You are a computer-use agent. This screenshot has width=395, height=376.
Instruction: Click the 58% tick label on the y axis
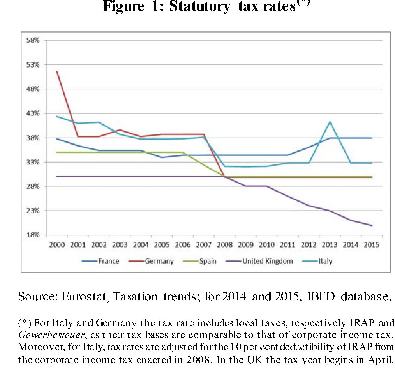(33, 40)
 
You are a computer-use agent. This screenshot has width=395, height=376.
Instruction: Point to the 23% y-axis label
(33, 211)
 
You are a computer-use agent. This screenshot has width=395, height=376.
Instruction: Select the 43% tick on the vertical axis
(33, 113)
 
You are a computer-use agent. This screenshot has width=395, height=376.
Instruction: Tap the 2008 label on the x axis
(225, 245)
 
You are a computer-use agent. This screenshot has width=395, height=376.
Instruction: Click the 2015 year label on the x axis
(371, 245)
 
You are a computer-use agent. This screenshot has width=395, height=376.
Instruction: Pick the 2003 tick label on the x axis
(120, 245)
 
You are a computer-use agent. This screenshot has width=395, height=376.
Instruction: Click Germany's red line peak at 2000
(57, 71)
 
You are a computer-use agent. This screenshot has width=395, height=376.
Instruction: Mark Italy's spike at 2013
(330, 122)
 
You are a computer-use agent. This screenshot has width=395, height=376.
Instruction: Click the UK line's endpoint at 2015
(372, 225)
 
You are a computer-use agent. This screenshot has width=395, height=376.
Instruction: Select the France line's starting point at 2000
(57, 139)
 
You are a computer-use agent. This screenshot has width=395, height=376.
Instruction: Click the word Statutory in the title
(199, 6)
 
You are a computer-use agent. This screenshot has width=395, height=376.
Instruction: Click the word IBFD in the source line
(321, 296)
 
